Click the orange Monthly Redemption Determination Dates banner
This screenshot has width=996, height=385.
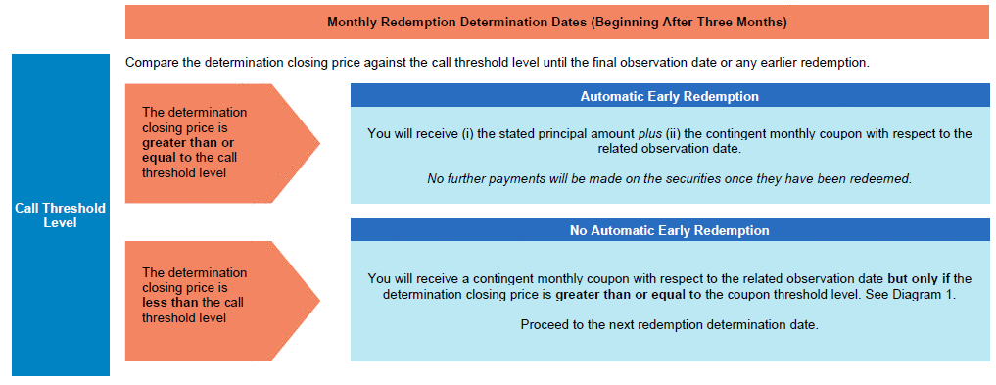click(557, 23)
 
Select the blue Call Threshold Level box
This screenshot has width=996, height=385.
click(61, 215)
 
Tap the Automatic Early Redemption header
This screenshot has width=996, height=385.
click(670, 96)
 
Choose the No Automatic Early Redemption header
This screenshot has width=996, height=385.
click(670, 230)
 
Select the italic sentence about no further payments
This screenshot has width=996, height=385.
click(670, 178)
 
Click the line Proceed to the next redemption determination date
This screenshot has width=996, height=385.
click(670, 324)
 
